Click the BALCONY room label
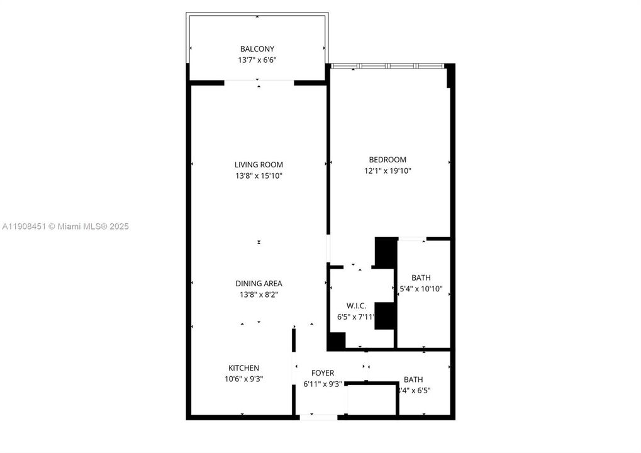point(257,49)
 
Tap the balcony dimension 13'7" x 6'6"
point(257,60)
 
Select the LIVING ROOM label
point(259,165)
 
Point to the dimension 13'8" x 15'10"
point(259,176)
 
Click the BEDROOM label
point(387,160)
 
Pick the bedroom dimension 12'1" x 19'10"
point(387,171)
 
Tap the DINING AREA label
point(259,284)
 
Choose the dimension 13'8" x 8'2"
point(259,294)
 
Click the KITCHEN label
point(243,368)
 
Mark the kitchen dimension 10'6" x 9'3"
point(243,379)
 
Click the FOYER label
point(323,373)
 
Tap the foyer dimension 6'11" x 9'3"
point(323,384)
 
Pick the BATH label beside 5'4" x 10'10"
point(421,278)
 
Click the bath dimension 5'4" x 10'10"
point(421,289)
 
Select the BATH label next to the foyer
point(413,379)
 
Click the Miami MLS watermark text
point(65,226)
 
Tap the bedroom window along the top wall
point(388,65)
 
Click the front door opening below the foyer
point(319,416)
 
